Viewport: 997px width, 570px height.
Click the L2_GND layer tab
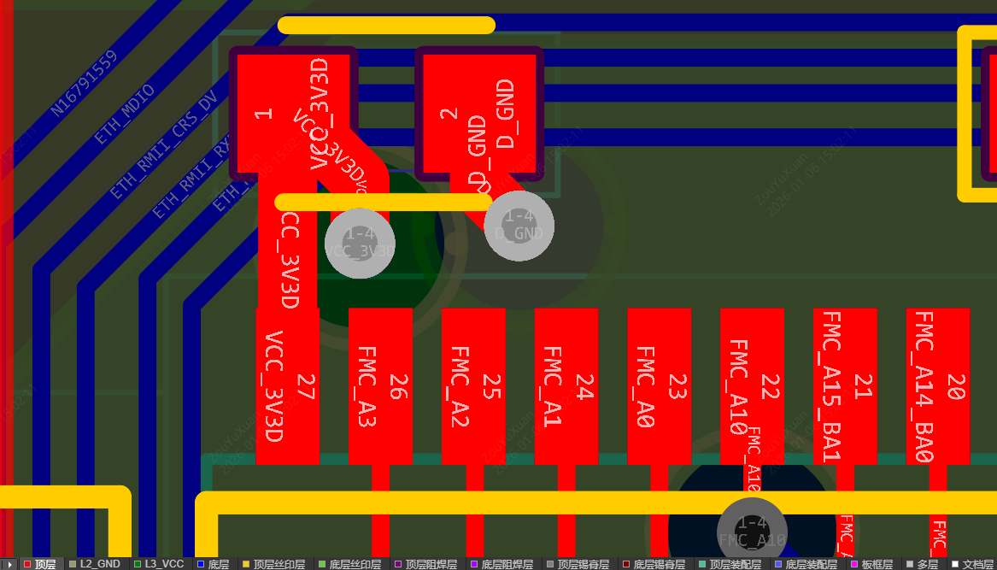click(96, 564)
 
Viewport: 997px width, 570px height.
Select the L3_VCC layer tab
click(160, 564)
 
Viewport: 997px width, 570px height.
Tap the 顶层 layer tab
click(40, 564)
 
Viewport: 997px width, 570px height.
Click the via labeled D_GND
click(519, 226)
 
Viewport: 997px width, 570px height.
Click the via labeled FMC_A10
click(751, 532)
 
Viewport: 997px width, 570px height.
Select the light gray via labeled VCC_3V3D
click(360, 243)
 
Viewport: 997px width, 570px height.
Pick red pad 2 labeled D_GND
click(478, 114)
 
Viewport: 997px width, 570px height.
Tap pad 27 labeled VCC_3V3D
click(287, 386)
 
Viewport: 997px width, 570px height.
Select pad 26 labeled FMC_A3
click(380, 386)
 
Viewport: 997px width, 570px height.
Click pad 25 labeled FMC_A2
click(473, 386)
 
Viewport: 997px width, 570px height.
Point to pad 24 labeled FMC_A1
click(566, 386)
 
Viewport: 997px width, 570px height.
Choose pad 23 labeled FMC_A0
click(659, 386)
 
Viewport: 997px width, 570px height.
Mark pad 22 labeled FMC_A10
click(752, 386)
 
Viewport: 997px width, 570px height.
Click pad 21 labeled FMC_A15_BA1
click(845, 386)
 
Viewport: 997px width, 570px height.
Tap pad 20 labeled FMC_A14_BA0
click(937, 386)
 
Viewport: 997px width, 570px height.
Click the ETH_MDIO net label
click(125, 114)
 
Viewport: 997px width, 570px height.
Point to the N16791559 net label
click(83, 84)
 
